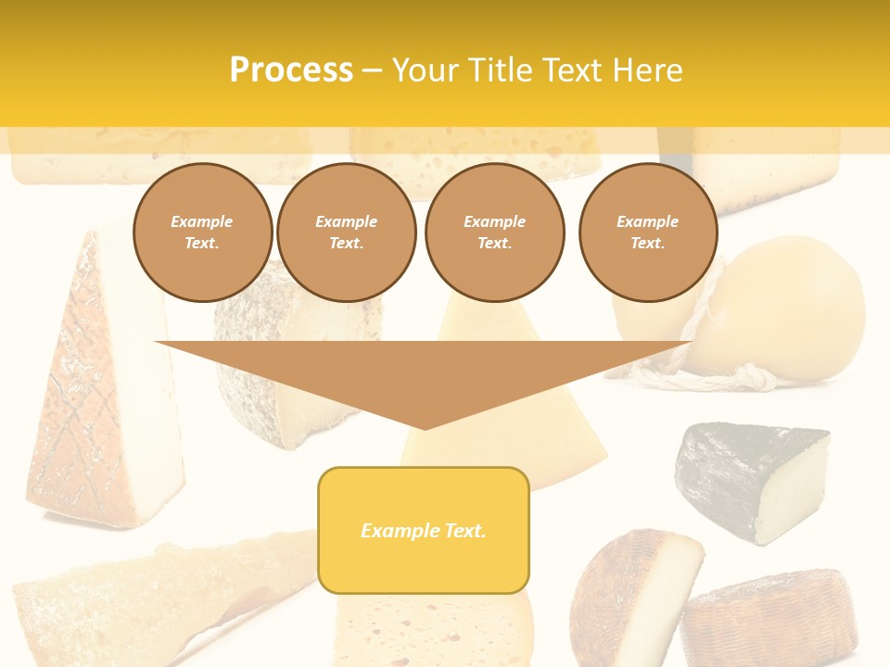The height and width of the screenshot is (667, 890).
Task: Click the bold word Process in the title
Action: [x=291, y=69]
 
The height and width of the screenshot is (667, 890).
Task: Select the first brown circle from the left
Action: [x=202, y=232]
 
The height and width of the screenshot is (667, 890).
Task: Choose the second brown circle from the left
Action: [x=346, y=232]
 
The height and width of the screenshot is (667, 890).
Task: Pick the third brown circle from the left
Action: [x=494, y=232]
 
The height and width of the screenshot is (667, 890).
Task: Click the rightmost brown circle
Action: [x=647, y=232]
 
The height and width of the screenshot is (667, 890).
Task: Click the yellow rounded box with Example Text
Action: [x=424, y=530]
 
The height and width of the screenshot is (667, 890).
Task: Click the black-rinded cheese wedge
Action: [x=751, y=477]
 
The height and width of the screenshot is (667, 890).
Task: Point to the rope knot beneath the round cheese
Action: [x=742, y=375]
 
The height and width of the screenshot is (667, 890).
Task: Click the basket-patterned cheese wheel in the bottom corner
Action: [x=769, y=616]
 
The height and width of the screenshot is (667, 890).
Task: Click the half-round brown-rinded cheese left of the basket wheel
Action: [x=630, y=593]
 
